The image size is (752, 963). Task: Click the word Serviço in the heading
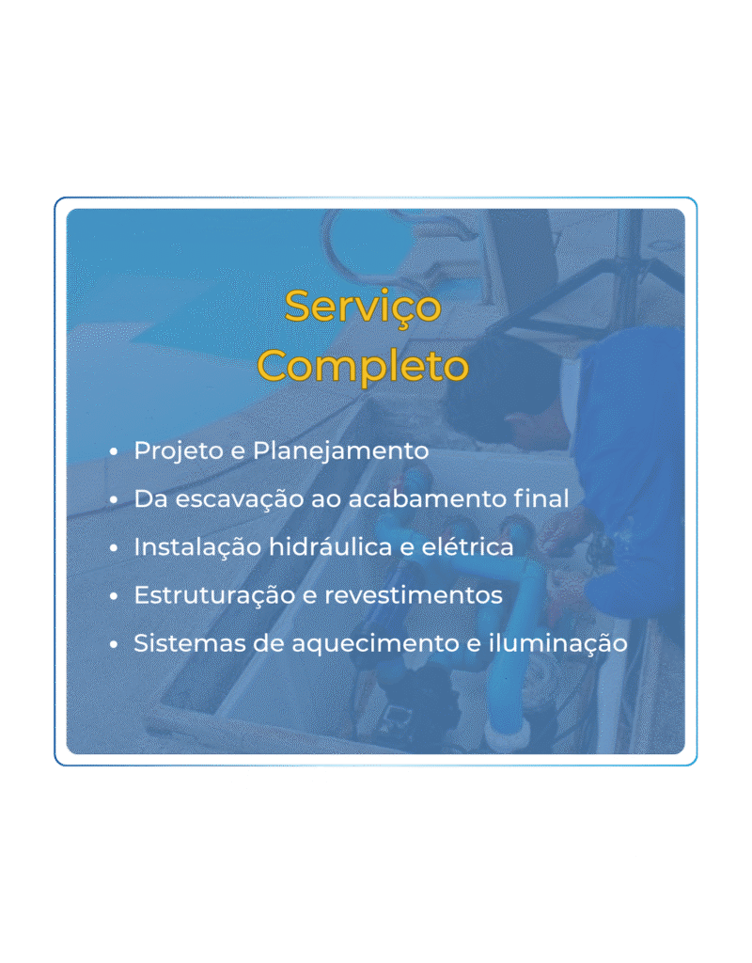363,307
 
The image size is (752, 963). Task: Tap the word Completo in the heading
363,365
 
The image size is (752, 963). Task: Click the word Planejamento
341,450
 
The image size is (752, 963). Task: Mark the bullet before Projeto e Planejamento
114,451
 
